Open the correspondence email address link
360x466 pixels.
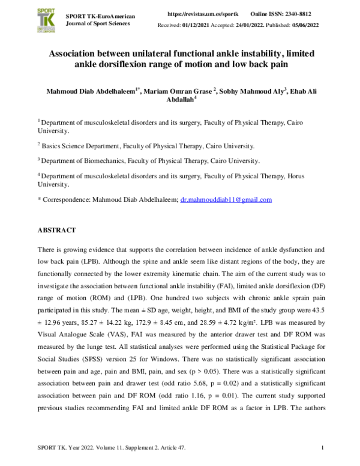[226, 199]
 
